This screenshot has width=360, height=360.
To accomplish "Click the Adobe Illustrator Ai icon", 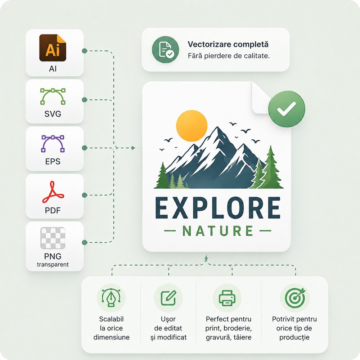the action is pos(53,48).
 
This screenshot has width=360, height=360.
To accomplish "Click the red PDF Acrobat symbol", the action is pos(53,192).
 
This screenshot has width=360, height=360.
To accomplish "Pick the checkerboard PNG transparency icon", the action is pos(53,238).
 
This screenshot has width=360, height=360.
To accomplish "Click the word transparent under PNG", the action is pos(53,265).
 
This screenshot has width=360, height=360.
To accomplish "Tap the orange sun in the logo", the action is pos(192,126).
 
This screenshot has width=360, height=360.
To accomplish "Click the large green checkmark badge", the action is pos(287,109).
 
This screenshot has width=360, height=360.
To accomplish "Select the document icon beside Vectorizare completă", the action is pos(165,50).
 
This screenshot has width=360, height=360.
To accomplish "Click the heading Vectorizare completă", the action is pos(228,44).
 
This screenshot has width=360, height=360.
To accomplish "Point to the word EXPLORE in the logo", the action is pos(218,208).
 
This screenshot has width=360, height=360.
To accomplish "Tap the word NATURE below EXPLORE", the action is pos(218,231).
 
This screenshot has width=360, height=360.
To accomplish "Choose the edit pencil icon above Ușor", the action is pos(168,298).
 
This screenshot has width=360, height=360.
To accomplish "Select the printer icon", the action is pos(227,298).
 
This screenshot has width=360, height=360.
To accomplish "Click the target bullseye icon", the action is pos(295,298).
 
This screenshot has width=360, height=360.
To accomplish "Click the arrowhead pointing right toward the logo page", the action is pos(133,148).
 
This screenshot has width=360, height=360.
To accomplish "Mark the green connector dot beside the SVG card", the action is pos(85,100).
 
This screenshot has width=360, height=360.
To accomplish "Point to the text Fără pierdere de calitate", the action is pos(229,56).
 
